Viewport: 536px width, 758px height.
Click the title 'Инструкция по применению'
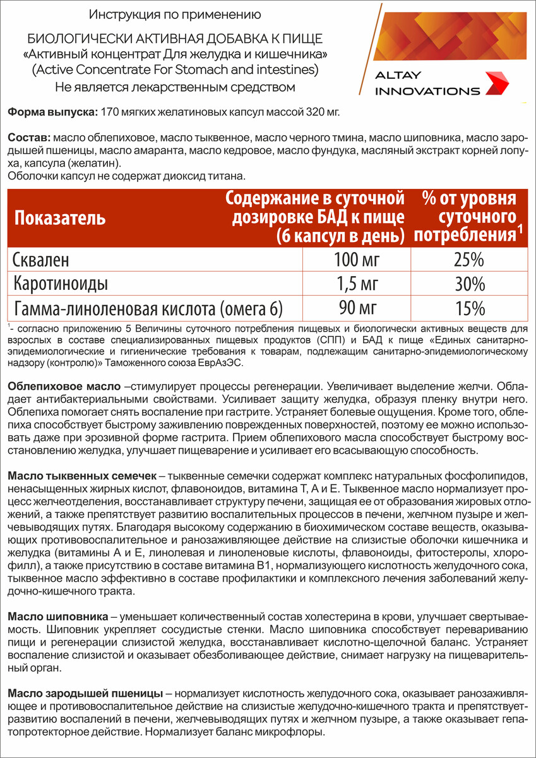click(x=174, y=13)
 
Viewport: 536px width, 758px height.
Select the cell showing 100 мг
click(x=357, y=260)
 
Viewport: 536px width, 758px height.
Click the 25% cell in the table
click(x=469, y=260)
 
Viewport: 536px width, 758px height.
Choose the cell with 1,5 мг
click(x=357, y=284)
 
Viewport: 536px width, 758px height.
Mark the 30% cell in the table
click(x=469, y=284)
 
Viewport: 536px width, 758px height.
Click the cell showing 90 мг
click(x=357, y=308)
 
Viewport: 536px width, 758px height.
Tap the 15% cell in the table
click(x=469, y=308)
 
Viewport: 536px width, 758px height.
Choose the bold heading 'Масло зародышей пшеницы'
click(x=86, y=694)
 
